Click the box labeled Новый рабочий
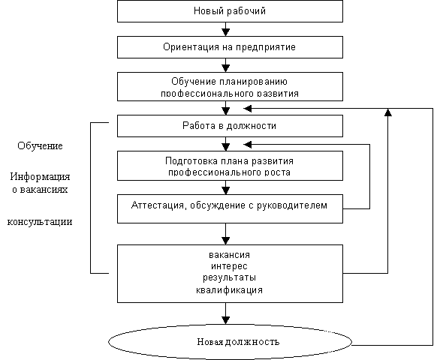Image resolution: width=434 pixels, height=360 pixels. pyautogui.click(x=230, y=11)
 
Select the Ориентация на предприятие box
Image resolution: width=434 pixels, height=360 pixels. pyautogui.click(x=230, y=47)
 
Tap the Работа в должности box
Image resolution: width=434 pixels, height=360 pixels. pyautogui.click(x=230, y=126)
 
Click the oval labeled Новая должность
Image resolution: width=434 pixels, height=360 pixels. pyautogui.click(x=230, y=342)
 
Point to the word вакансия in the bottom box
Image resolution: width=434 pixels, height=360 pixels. pyautogui.click(x=230, y=255)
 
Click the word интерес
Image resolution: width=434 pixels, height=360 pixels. pyautogui.click(x=229, y=266)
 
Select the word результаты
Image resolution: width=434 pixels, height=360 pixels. pyautogui.click(x=230, y=278)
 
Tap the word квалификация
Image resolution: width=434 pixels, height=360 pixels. pyautogui.click(x=230, y=290)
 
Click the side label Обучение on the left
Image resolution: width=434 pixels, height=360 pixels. pyautogui.click(x=40, y=145)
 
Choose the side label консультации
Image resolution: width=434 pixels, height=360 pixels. pyautogui.click(x=40, y=222)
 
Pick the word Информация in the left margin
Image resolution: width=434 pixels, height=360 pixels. pyautogui.click(x=40, y=176)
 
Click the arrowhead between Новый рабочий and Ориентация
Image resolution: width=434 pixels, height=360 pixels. pyautogui.click(x=226, y=32)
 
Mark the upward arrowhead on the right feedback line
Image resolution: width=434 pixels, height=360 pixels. pyautogui.click(x=388, y=112)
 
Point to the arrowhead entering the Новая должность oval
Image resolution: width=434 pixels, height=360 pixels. pyautogui.click(x=226, y=320)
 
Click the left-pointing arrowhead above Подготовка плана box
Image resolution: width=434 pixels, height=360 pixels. pyautogui.click(x=248, y=144)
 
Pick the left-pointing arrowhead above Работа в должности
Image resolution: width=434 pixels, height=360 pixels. pyautogui.click(x=248, y=109)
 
